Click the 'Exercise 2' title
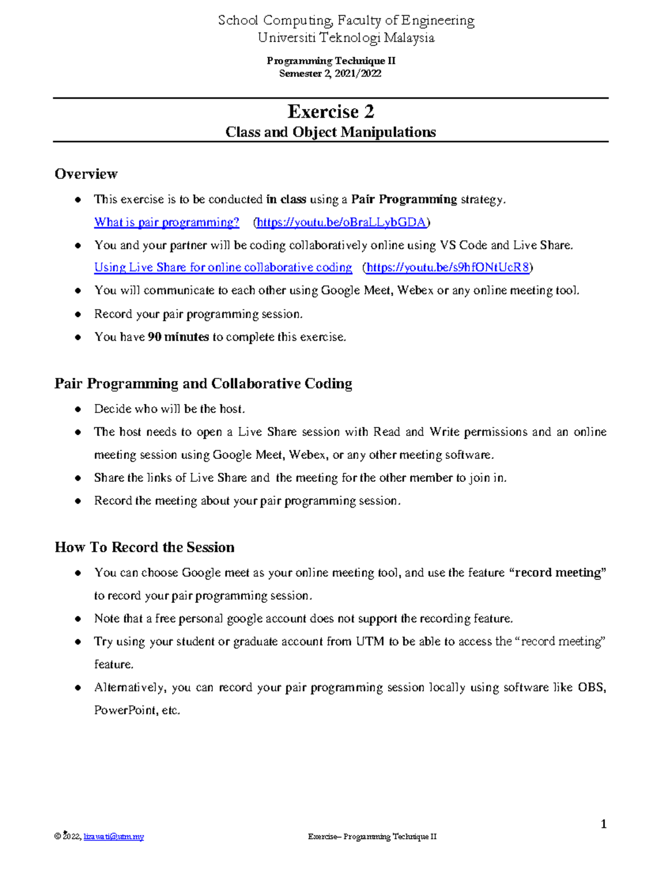(x=330, y=111)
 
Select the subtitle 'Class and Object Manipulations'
(x=330, y=132)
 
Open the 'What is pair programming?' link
(x=166, y=222)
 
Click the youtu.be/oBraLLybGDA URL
(x=342, y=222)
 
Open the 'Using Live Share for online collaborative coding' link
(x=223, y=268)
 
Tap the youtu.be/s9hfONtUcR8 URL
(x=447, y=268)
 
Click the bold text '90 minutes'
(x=178, y=337)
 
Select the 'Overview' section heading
(x=86, y=174)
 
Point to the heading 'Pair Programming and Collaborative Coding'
(x=203, y=384)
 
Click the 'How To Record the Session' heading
(x=144, y=547)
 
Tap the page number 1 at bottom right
(x=603, y=824)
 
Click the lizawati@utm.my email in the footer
(x=114, y=837)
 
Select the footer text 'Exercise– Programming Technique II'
(x=372, y=837)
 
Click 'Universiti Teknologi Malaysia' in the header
(x=346, y=38)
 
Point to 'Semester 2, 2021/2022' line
(x=330, y=73)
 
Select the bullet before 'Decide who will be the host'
(x=78, y=410)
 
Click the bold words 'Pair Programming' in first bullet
(x=404, y=199)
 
